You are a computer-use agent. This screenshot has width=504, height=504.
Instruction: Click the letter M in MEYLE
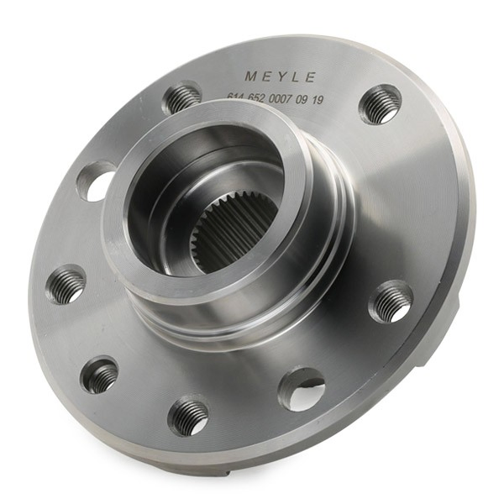click(251, 76)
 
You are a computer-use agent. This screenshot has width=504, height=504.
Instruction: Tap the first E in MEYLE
click(266, 76)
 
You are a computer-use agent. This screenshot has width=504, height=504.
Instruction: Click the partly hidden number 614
click(237, 97)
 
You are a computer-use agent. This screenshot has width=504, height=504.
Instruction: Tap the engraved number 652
click(255, 97)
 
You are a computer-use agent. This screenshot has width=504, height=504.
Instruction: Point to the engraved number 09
click(302, 100)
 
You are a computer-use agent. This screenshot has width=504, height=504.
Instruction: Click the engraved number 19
click(317, 101)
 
